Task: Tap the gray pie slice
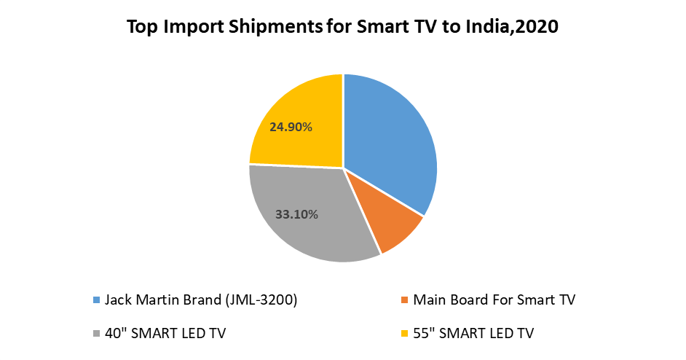(x=306, y=219)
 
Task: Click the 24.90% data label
(x=291, y=127)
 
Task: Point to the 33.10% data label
(x=296, y=214)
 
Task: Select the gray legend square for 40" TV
(x=97, y=334)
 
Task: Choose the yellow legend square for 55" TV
(x=405, y=334)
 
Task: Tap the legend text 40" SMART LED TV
(x=165, y=334)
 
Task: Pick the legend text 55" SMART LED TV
(x=473, y=334)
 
